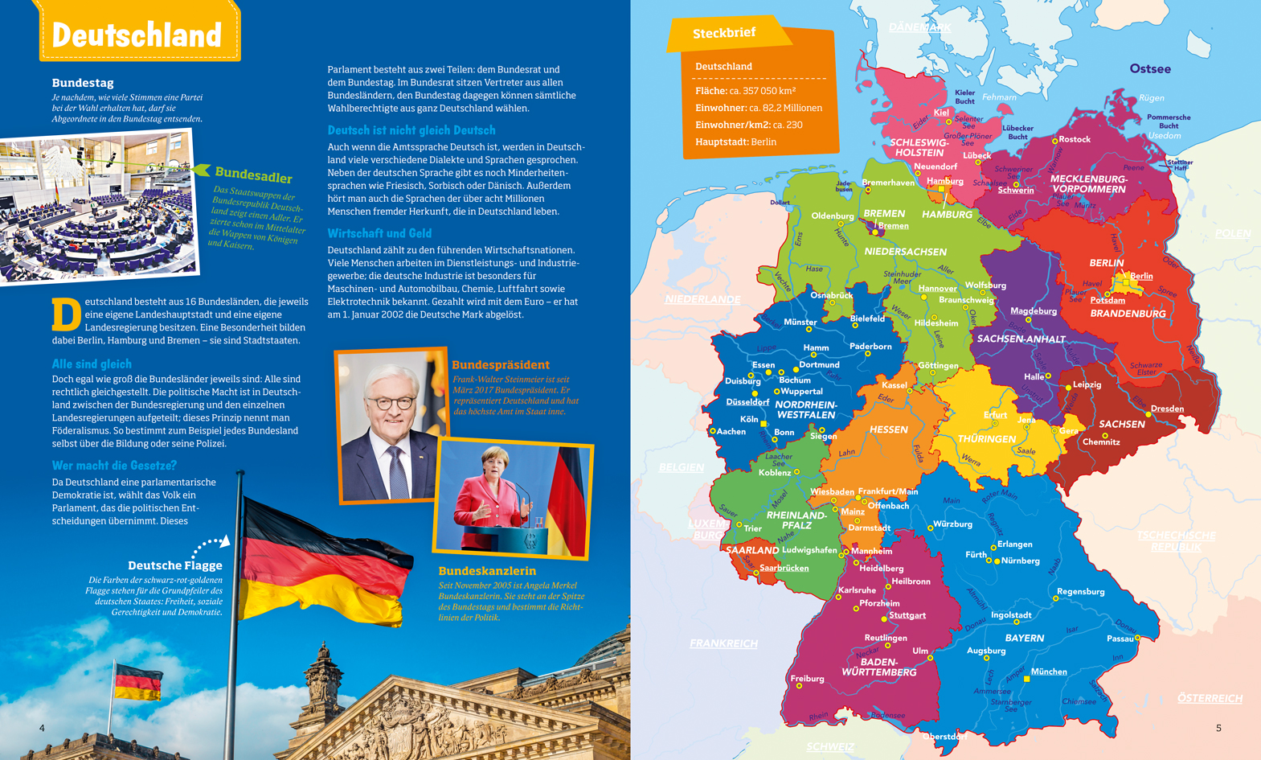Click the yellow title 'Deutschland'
(x=137, y=35)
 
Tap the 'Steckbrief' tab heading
(x=723, y=34)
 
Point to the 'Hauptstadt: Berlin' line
(x=735, y=142)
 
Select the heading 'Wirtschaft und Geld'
(x=379, y=233)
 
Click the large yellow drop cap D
(x=66, y=314)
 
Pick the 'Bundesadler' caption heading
(x=253, y=176)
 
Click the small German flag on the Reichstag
(x=137, y=683)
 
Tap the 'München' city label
(x=1048, y=672)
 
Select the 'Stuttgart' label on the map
(x=907, y=615)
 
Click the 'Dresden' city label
(x=1166, y=409)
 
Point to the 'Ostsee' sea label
(x=1149, y=68)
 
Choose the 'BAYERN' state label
(x=1024, y=638)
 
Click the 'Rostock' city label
(x=1074, y=139)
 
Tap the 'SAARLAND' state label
(x=751, y=550)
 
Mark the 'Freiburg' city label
(x=807, y=679)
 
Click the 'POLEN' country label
(x=1232, y=233)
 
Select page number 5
(x=1218, y=728)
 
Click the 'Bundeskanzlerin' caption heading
(x=487, y=571)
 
